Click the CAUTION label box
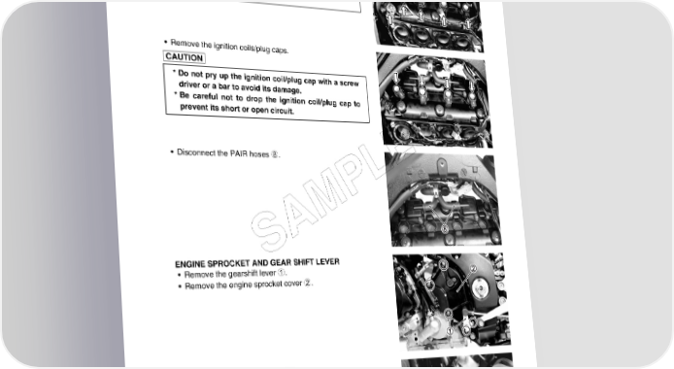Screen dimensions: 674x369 [184, 57]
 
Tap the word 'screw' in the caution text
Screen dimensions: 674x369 [349, 83]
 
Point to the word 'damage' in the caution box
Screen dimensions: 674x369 [286, 89]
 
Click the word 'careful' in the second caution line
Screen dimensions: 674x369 [205, 96]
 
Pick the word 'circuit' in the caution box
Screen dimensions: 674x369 [280, 110]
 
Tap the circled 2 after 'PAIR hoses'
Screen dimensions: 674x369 [274, 154]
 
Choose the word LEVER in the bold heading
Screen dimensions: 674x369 [327, 261]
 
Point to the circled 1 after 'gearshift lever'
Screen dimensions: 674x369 [281, 272]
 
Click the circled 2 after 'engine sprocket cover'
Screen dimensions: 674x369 [308, 283]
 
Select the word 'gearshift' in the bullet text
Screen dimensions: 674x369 [242, 274]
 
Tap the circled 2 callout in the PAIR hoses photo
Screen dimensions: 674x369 [445, 229]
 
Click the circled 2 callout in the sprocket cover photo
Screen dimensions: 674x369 [473, 269]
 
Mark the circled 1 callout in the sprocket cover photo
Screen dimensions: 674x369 [450, 331]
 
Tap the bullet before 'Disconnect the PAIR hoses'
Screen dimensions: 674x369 [172, 151]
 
